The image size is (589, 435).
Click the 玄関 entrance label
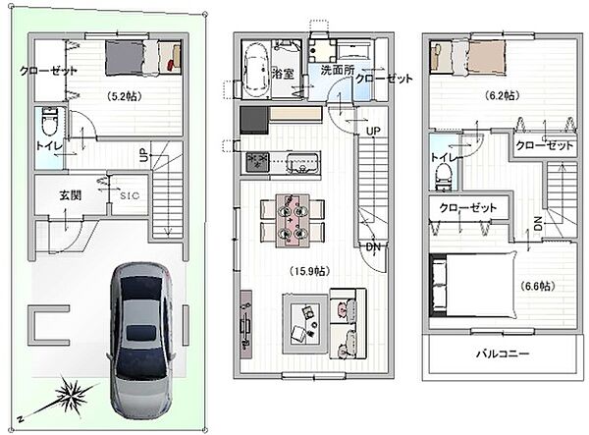pos(71,195)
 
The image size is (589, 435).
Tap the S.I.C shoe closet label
pos(130,195)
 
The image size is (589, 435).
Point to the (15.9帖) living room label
pos(309,271)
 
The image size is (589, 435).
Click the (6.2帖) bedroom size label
pos(503,95)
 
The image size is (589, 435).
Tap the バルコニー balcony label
pos(503,353)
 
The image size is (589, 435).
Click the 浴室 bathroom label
pos(283,74)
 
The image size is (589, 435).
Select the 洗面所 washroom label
pos(338,70)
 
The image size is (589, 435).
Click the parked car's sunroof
pos(140,333)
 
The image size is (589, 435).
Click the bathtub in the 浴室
pos(256,70)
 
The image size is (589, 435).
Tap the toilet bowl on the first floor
pos(49,122)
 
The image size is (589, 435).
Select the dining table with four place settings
pos(293,221)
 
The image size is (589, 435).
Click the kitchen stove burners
pos(258,162)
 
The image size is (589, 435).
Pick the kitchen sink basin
pos(302,162)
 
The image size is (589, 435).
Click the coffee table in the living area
pos(305,324)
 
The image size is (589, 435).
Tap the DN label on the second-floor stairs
pos(373,247)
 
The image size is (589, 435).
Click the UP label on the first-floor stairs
pos(144,155)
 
